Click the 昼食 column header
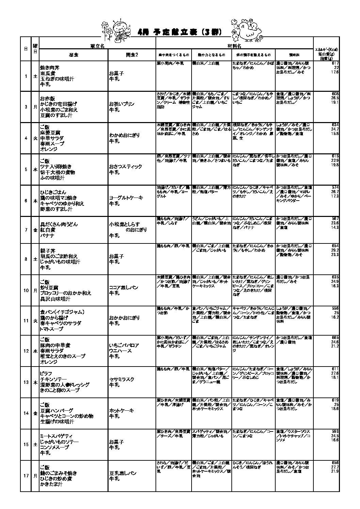pyautogui.click(x=74, y=55)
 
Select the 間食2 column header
pyautogui.click(x=132, y=55)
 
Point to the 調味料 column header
pyautogui.click(x=294, y=55)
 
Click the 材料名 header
pyautogui.click(x=234, y=45)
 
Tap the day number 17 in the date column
pyautogui.click(x=26, y=476)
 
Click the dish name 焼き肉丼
pyautogui.click(x=50, y=68)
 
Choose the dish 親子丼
pyautogui.click(x=47, y=251)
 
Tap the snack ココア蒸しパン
pyautogui.click(x=124, y=288)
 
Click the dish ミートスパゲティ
pyautogui.click(x=56, y=436)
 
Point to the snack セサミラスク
pyautogui.click(x=121, y=379)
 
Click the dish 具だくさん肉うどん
pyautogui.click(x=59, y=224)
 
